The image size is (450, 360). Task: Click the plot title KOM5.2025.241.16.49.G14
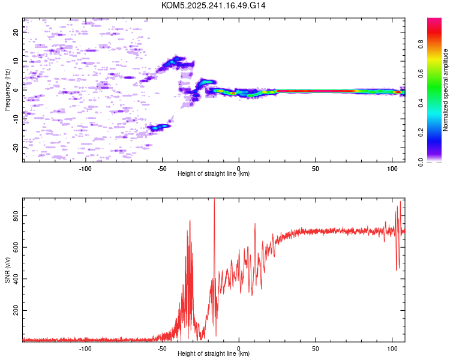click(x=214, y=5)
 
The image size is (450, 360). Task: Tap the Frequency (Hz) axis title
click(x=7, y=90)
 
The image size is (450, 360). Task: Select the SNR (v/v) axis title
click(x=7, y=270)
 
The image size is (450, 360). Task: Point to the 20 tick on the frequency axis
click(x=16, y=32)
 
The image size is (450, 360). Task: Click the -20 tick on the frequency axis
click(x=16, y=148)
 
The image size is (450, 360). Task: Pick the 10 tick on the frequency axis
click(x=16, y=61)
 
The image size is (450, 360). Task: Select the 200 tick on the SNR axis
click(x=16, y=311)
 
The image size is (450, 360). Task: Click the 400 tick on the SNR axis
click(x=16, y=279)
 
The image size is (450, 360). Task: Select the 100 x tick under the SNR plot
click(x=392, y=348)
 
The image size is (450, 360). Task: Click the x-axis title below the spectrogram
click(x=214, y=174)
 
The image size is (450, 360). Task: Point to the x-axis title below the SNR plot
click(x=214, y=354)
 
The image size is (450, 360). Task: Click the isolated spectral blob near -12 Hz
click(x=158, y=127)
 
